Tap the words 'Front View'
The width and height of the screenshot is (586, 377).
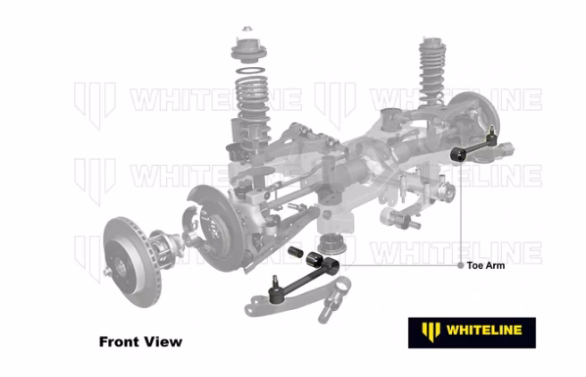coord(140,341)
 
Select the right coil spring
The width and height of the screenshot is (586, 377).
coord(432,68)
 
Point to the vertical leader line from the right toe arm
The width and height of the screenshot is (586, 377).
coord(462,214)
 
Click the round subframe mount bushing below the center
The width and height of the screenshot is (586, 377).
coord(331,240)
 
